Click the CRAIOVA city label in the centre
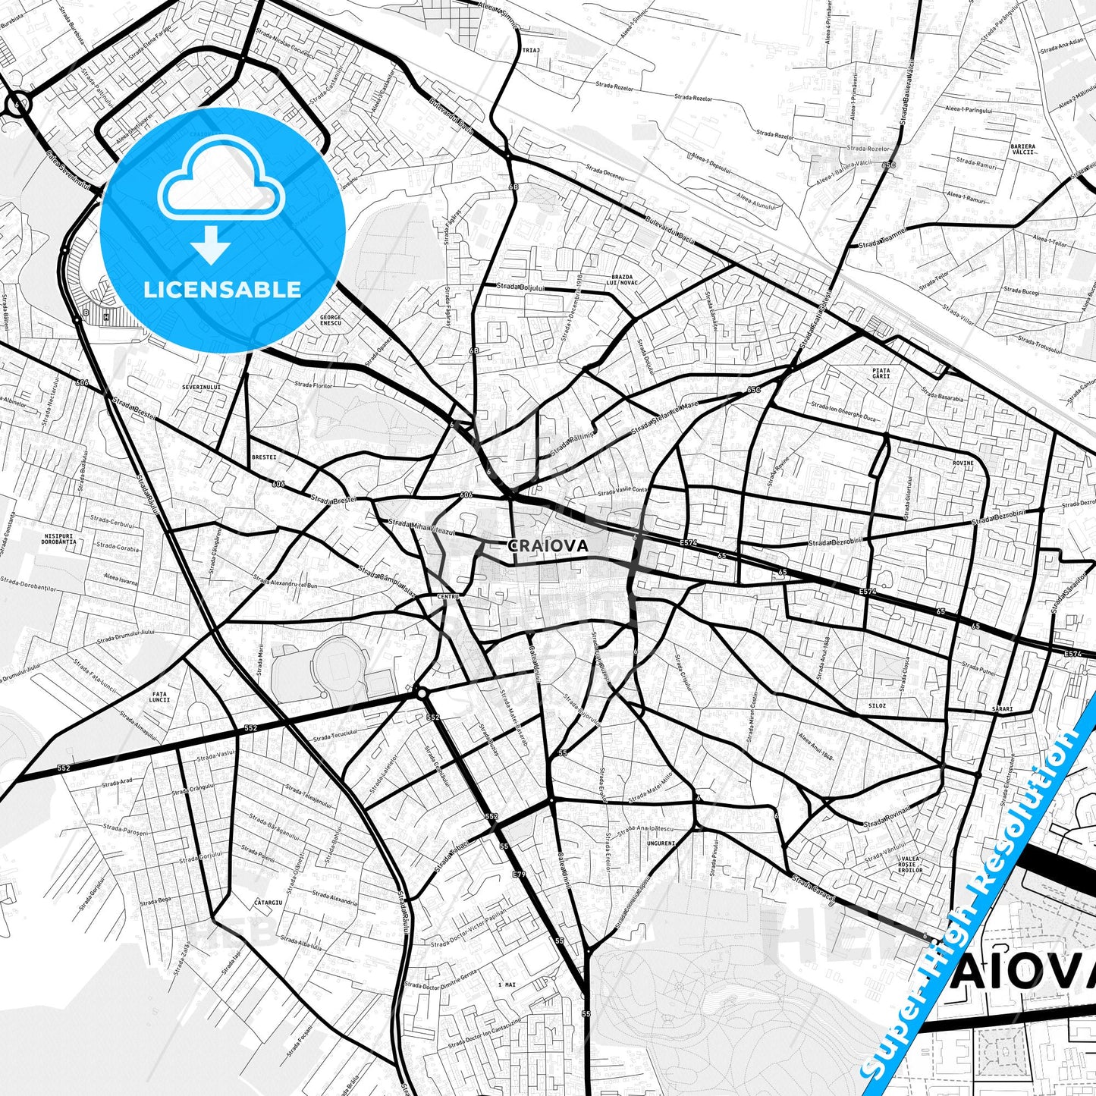[548, 545]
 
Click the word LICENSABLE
[222, 289]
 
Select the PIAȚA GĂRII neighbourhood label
[881, 373]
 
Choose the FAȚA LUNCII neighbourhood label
[160, 696]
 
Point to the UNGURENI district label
[661, 843]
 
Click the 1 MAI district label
[507, 984]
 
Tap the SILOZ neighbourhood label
[877, 705]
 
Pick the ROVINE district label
[963, 463]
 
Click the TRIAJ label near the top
[530, 50]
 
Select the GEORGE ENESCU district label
[331, 320]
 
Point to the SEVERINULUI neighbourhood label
[202, 387]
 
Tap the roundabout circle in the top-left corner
[18, 105]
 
